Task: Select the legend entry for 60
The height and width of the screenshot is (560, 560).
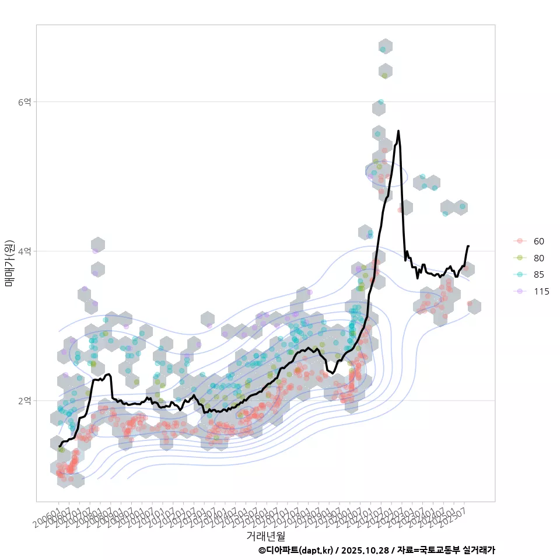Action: click(x=538, y=242)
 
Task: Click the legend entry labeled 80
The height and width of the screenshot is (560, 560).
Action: click(x=538, y=258)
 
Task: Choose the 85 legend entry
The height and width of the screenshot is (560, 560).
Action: click(x=538, y=275)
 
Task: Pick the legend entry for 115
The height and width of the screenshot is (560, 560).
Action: click(x=541, y=292)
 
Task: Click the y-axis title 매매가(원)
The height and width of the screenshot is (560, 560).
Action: click(x=9, y=264)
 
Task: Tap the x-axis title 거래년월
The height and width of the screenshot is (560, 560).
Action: click(x=265, y=535)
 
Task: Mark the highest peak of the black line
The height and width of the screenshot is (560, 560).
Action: click(x=398, y=131)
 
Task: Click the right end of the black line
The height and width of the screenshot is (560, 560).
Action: click(x=468, y=246)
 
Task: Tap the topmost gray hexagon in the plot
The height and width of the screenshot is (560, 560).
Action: click(x=385, y=47)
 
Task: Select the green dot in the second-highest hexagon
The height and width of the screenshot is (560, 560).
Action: click(x=384, y=76)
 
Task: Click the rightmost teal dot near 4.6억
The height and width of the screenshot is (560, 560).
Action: click(x=463, y=206)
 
